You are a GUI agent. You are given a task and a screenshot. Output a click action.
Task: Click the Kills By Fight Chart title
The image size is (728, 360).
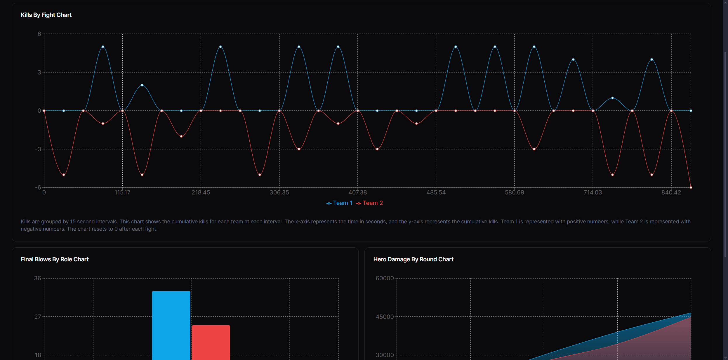click(46, 15)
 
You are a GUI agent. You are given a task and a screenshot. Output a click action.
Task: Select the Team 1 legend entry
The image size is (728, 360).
click(339, 203)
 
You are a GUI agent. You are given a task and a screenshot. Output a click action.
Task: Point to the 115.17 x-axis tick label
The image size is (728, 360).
click(122, 192)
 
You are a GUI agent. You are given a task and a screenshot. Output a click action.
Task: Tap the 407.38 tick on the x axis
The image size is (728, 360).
click(357, 192)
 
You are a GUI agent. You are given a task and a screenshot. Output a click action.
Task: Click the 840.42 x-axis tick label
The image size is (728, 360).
click(671, 192)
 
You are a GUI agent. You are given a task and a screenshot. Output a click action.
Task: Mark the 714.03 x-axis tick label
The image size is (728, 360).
click(593, 192)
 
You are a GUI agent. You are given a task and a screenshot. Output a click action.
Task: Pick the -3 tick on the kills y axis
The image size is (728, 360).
click(38, 149)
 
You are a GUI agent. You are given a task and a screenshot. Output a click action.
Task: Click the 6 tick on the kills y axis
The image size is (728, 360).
click(39, 34)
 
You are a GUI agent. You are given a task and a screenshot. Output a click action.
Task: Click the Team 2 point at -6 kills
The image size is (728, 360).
click(691, 187)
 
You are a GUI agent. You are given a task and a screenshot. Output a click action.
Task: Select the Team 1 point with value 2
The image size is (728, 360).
click(142, 85)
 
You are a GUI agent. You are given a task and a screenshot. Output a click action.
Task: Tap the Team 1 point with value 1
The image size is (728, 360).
click(612, 98)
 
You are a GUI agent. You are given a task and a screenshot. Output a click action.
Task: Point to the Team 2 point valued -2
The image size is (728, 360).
click(181, 136)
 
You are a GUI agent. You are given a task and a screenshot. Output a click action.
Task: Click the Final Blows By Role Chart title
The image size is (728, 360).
click(55, 259)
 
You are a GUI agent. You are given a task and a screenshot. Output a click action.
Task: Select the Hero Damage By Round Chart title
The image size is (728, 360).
click(413, 259)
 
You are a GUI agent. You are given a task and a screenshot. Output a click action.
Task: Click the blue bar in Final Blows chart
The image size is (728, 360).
click(171, 324)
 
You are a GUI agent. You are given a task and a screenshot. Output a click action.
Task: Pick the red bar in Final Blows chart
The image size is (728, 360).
click(211, 342)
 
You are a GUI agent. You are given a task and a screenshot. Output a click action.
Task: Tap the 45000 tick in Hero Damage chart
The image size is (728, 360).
click(385, 317)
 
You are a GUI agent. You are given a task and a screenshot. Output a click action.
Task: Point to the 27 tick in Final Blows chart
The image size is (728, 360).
click(38, 317)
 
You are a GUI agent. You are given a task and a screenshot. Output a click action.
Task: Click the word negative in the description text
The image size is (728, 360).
click(32, 229)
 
